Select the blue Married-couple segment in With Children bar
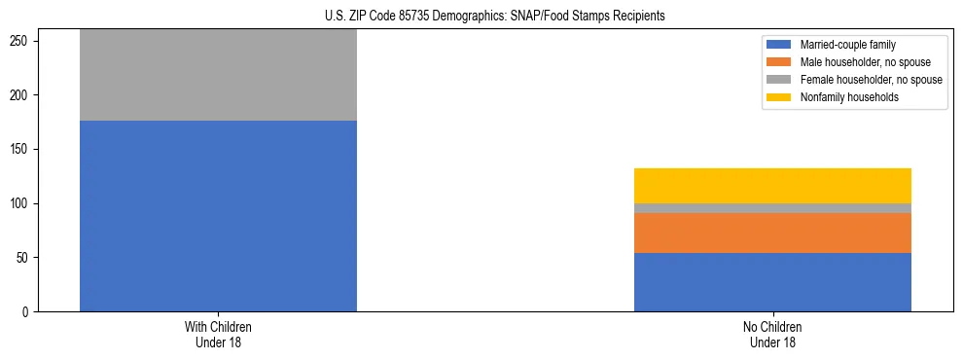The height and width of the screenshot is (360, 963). pyautogui.click(x=218, y=216)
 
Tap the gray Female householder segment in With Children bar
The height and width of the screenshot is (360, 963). pyautogui.click(x=218, y=75)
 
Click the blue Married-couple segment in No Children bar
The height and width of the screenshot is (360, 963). pyautogui.click(x=772, y=282)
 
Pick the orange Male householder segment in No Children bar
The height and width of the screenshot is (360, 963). pyautogui.click(x=772, y=233)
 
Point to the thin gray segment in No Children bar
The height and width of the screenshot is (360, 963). pyautogui.click(x=772, y=208)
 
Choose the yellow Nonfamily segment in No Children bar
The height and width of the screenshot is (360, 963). pyautogui.click(x=772, y=186)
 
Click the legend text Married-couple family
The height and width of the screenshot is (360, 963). pyautogui.click(x=848, y=45)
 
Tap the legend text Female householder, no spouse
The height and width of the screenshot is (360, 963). pyautogui.click(x=871, y=80)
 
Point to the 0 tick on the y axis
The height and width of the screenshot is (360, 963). pyautogui.click(x=28, y=312)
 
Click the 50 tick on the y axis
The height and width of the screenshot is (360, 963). pyautogui.click(x=25, y=258)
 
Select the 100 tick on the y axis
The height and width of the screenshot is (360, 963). pyautogui.click(x=22, y=203)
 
